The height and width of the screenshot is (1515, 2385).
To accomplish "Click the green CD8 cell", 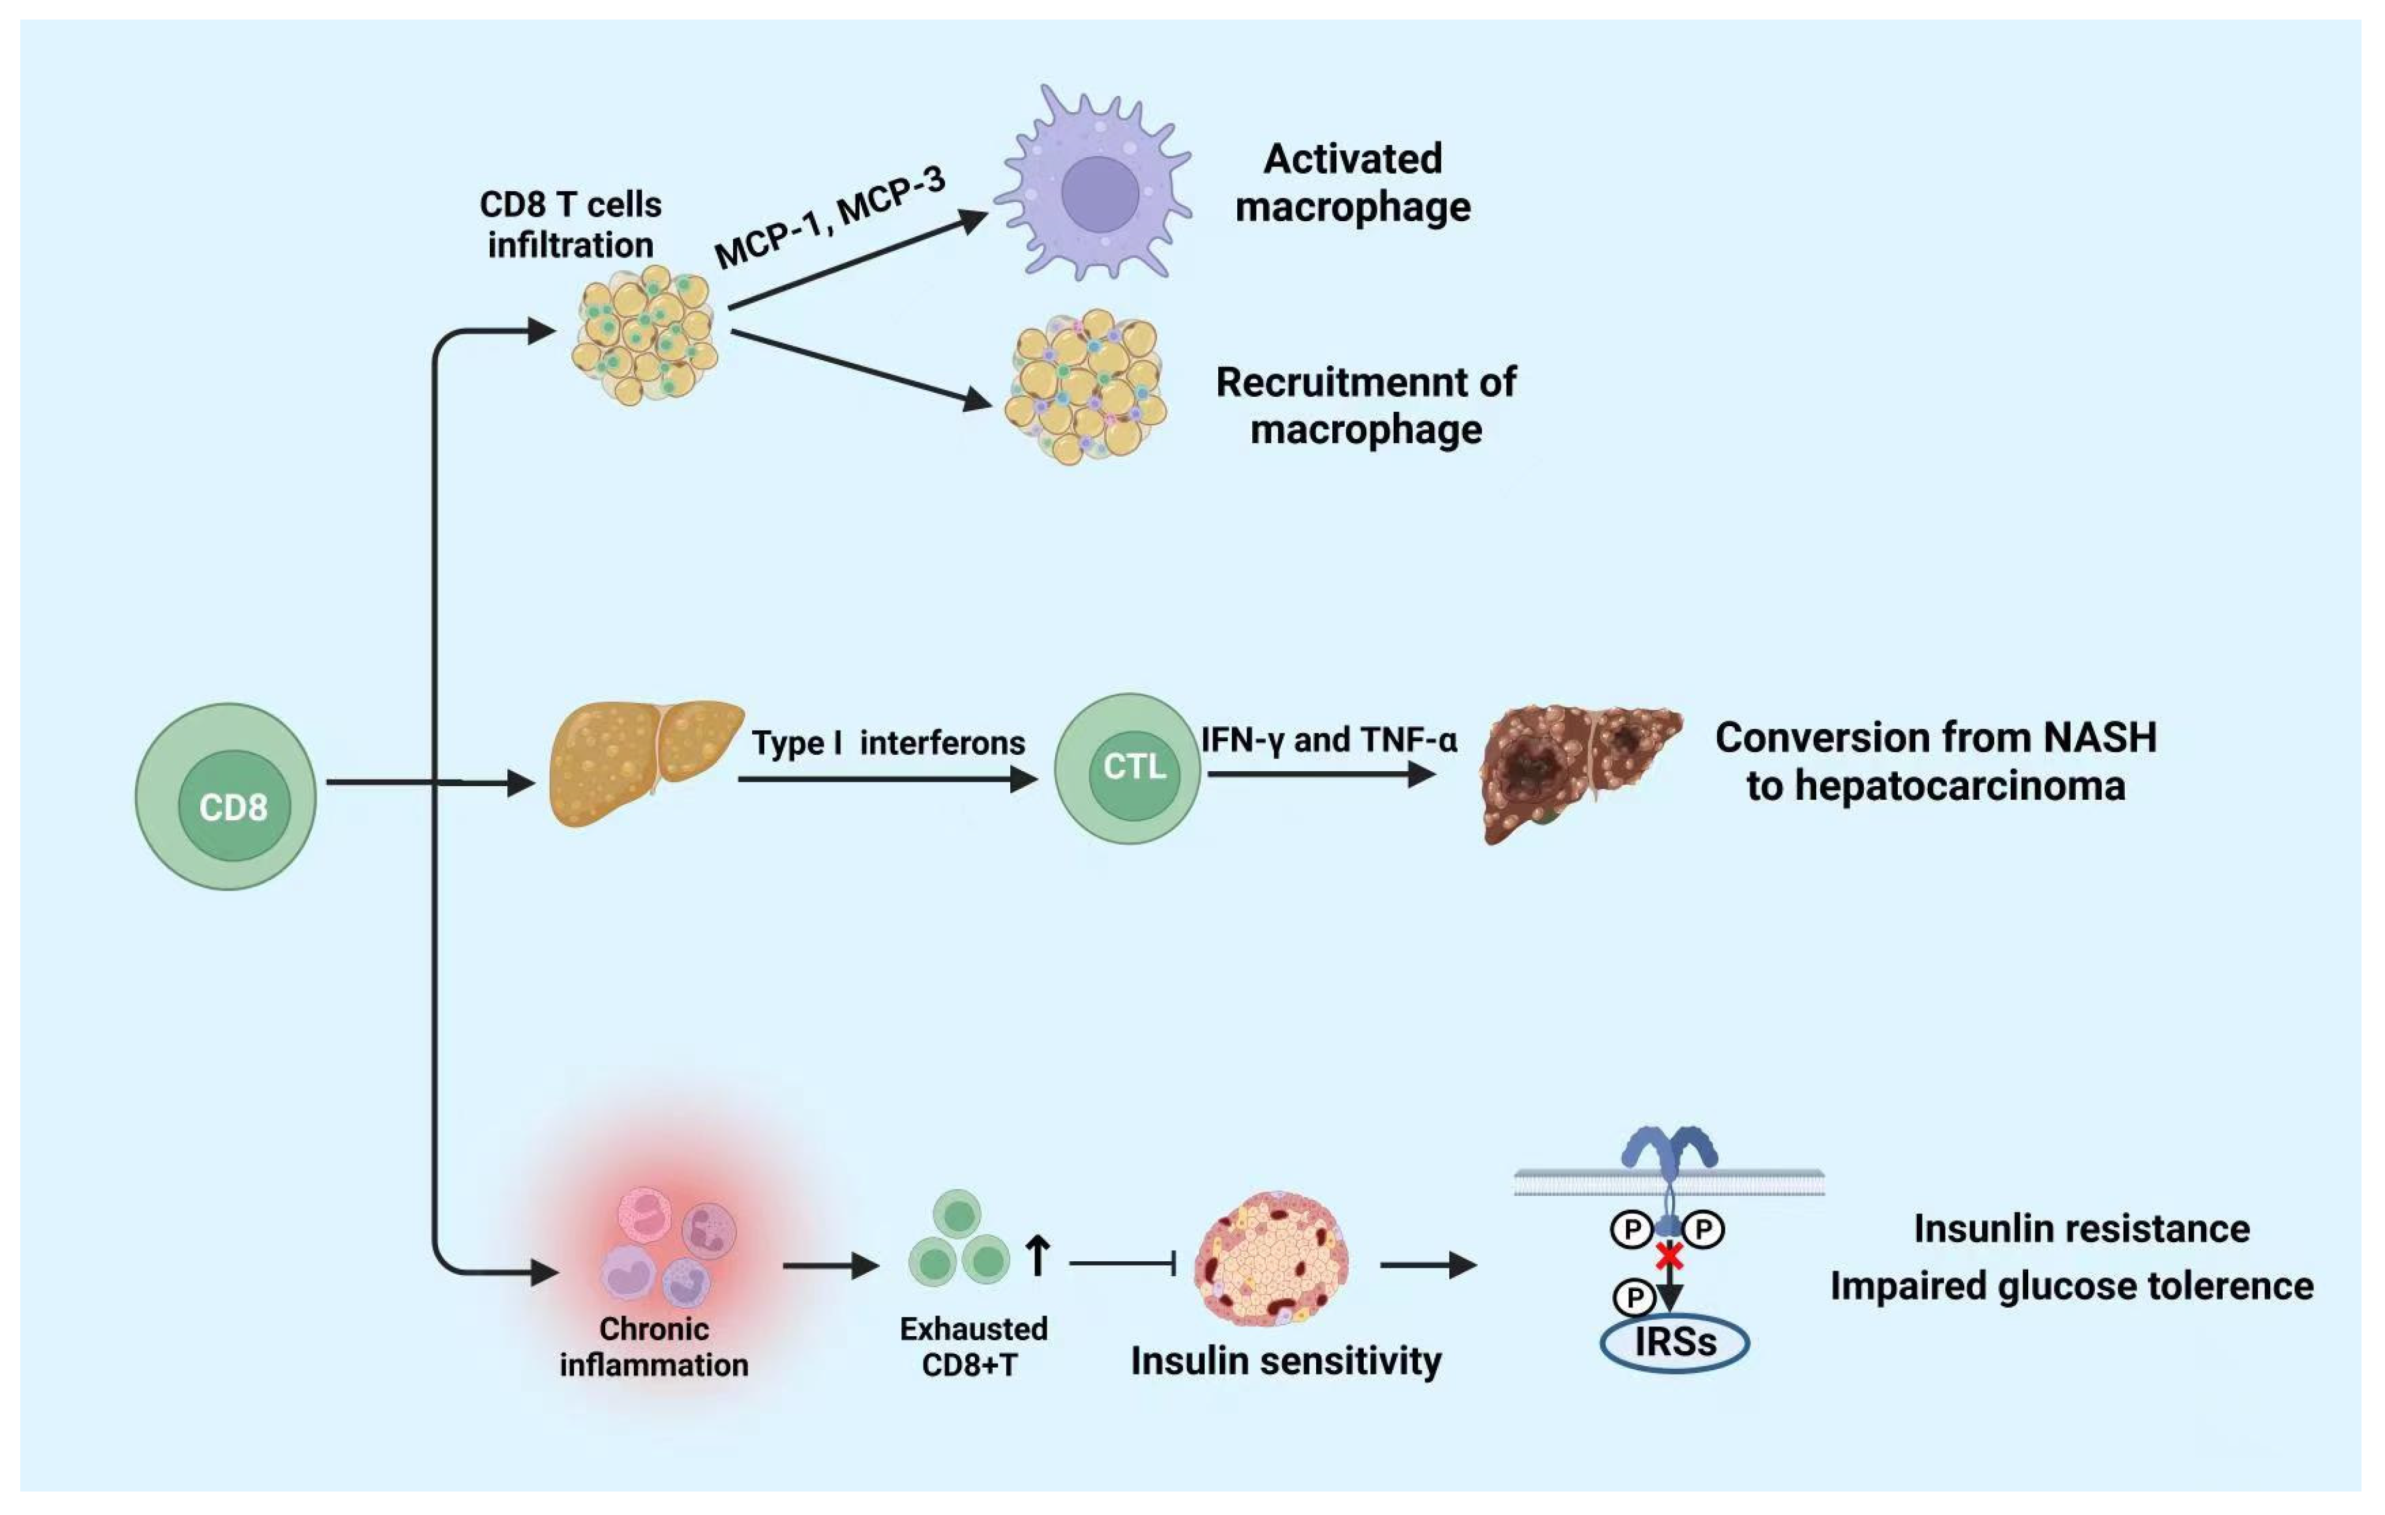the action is (226, 797).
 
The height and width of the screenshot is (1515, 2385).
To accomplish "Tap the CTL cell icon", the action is (1128, 769).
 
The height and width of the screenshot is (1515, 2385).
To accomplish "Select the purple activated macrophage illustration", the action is (1094, 184).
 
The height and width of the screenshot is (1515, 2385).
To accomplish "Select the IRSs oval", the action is (1675, 1343).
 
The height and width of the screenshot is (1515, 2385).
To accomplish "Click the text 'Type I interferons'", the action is (888, 743).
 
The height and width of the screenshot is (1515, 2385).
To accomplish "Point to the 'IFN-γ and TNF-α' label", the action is (1329, 740).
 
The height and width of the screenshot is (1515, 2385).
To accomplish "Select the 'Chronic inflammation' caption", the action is (653, 1347).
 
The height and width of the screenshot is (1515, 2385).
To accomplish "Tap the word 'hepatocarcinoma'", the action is (1960, 787).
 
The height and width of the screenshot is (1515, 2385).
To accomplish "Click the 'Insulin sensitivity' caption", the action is (1285, 1362).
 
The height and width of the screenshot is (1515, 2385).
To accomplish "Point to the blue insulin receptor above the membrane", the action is (1670, 1150).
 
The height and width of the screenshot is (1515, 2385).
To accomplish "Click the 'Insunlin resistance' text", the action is (2081, 1229).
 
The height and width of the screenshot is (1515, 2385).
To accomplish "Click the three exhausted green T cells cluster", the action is (959, 1238).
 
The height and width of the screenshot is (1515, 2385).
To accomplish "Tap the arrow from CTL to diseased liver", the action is (1322, 773).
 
